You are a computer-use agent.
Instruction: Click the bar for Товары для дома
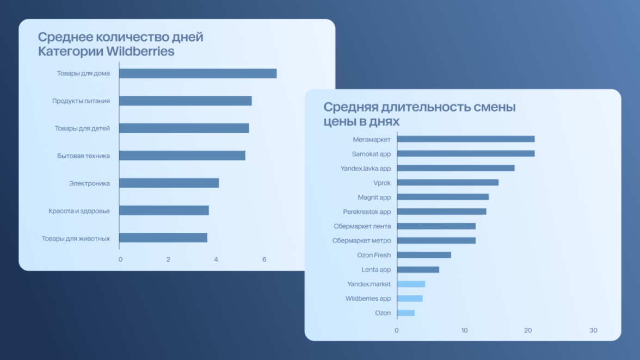click(x=198, y=73)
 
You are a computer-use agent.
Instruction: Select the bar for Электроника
click(x=169, y=183)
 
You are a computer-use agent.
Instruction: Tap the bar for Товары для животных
click(x=163, y=238)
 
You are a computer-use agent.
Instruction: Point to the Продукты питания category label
click(x=81, y=101)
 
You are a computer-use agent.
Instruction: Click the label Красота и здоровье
click(x=79, y=210)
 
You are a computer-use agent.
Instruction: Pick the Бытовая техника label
click(x=83, y=156)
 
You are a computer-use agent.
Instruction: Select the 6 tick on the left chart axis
click(x=264, y=259)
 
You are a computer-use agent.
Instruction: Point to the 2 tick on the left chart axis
click(x=168, y=259)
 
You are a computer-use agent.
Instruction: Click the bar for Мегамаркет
click(x=465, y=139)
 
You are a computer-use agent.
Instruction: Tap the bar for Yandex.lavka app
click(x=456, y=168)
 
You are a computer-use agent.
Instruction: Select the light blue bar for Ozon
click(x=405, y=313)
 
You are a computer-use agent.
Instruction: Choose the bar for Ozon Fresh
click(x=424, y=255)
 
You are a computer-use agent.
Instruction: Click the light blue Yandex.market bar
click(x=411, y=284)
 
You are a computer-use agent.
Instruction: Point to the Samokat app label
click(x=371, y=154)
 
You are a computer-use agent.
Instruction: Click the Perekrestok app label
click(x=367, y=212)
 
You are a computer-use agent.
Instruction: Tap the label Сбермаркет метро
click(x=361, y=240)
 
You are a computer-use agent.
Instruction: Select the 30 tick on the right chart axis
click(x=593, y=331)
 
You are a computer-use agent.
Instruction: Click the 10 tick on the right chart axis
click(x=464, y=331)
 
